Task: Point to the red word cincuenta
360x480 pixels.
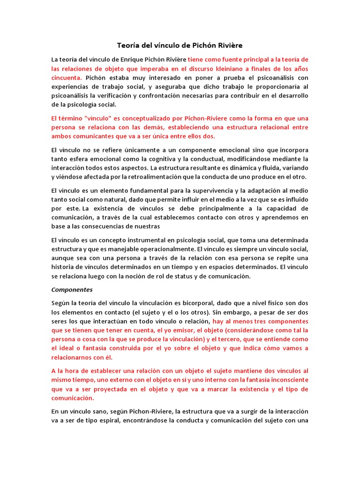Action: [66, 77]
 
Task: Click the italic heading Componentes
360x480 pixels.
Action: [72, 290]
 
